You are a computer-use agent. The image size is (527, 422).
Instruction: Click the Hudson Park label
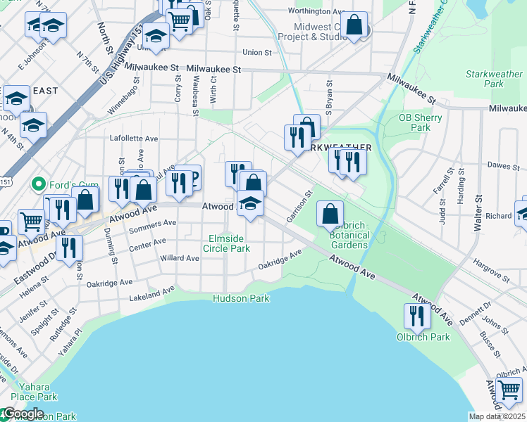coord(242,298)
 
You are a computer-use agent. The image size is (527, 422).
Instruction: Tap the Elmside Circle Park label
coord(226,243)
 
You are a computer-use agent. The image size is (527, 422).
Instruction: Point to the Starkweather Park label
coord(494,79)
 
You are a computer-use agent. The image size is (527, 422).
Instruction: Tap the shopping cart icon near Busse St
coord(509,389)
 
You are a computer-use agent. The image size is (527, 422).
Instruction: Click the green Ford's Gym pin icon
coord(39,185)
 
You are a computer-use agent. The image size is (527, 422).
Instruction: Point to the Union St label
coord(256,52)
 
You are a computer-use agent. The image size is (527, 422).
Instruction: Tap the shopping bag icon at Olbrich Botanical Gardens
coord(330,212)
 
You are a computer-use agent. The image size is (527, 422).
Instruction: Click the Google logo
coord(23,414)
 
